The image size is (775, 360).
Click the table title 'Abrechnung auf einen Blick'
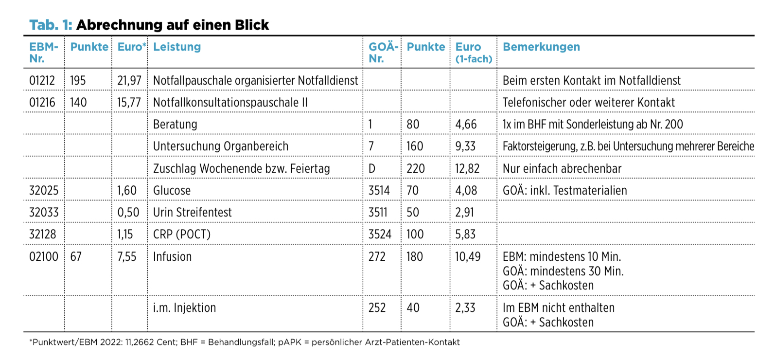[172, 25]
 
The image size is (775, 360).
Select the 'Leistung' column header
[177, 47]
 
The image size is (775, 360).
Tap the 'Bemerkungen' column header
[541, 47]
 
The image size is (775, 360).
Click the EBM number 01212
[42, 81]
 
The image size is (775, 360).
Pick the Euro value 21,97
[129, 81]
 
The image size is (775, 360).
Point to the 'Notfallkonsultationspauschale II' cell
[230, 103]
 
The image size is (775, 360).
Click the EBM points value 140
[78, 103]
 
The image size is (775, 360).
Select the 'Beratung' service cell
[175, 125]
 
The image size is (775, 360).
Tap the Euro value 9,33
[465, 146]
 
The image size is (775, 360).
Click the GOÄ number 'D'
[372, 169]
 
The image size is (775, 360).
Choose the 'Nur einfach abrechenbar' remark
[562, 169]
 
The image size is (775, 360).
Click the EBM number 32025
[44, 190]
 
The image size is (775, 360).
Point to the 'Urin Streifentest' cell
[193, 212]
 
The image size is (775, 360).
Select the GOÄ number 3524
[380, 234]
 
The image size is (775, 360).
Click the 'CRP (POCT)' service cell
[182, 234]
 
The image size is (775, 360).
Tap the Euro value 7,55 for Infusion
[127, 257]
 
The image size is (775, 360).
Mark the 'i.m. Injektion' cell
[184, 308]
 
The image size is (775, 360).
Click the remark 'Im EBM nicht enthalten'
[559, 308]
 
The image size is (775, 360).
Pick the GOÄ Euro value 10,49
[468, 257]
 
